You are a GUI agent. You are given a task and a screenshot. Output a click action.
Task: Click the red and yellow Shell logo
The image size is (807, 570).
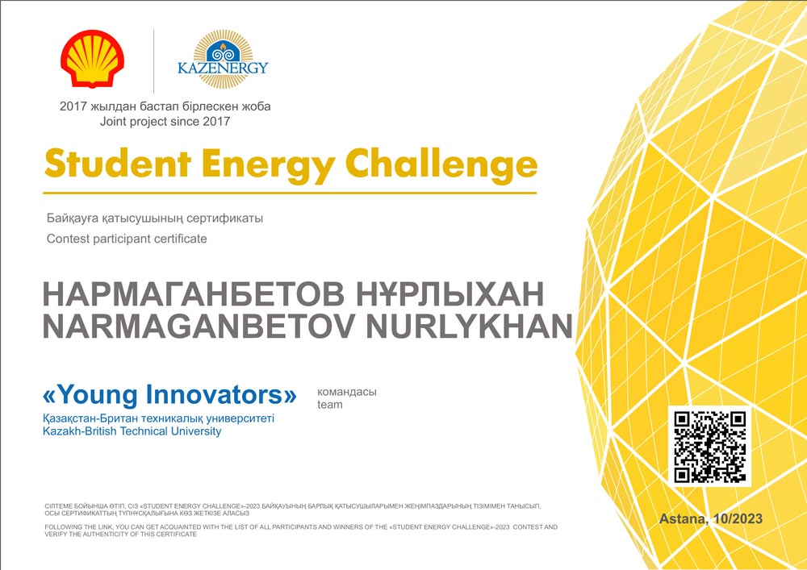[x=92, y=58]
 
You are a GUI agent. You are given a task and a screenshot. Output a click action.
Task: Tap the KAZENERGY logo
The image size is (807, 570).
[x=223, y=60]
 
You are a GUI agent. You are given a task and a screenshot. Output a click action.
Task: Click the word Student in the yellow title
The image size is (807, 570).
[x=118, y=164]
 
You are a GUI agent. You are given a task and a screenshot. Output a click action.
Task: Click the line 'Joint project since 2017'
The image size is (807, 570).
[x=165, y=122]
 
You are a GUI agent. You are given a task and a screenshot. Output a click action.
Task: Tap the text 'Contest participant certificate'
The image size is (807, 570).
[x=127, y=239]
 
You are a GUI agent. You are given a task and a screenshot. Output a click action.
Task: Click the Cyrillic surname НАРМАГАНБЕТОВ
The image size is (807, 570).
[x=194, y=294]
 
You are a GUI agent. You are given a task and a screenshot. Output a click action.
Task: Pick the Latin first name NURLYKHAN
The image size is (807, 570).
[x=469, y=326]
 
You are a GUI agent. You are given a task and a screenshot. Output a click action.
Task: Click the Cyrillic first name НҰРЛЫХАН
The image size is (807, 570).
[x=449, y=294]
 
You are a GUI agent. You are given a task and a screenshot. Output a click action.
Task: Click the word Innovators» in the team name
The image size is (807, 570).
[x=222, y=394]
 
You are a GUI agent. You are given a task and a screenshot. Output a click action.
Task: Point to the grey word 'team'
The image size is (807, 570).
[x=330, y=405]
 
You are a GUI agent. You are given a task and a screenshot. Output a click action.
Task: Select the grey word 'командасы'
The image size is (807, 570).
[x=347, y=392]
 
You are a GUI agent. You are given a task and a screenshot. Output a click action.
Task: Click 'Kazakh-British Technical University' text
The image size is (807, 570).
[x=132, y=431]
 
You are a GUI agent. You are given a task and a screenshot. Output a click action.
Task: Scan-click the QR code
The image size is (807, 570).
[x=710, y=447]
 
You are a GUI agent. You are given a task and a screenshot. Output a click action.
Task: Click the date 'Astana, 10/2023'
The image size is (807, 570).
[x=711, y=518]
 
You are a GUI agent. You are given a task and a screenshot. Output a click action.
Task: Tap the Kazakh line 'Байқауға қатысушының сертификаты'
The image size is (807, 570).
[x=155, y=218]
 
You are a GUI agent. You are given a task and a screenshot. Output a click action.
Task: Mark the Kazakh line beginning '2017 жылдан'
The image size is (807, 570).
[x=165, y=107]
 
